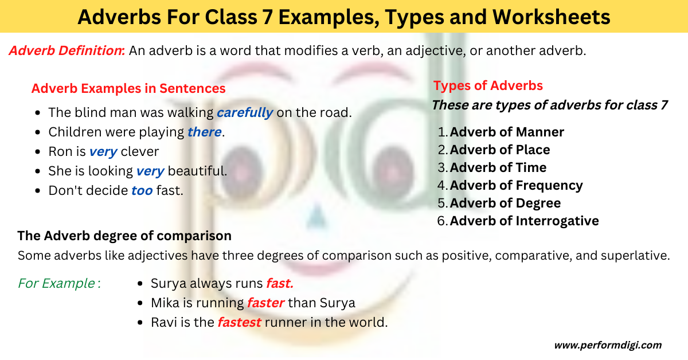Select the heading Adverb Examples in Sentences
[x=128, y=88]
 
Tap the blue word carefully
[x=245, y=112]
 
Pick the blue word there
[x=204, y=132]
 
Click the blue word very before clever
[x=103, y=152]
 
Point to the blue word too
[x=142, y=191]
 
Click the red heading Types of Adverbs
[x=488, y=86]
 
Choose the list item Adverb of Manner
[x=507, y=132]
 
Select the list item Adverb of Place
[x=500, y=150]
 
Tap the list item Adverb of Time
[x=498, y=168]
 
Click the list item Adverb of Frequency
[x=516, y=186]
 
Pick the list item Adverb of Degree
[x=505, y=204]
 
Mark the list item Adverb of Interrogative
[x=524, y=221]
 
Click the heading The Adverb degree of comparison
[x=124, y=236]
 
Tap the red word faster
[x=265, y=303]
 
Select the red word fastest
[x=239, y=322]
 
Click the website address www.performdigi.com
[x=608, y=345]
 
